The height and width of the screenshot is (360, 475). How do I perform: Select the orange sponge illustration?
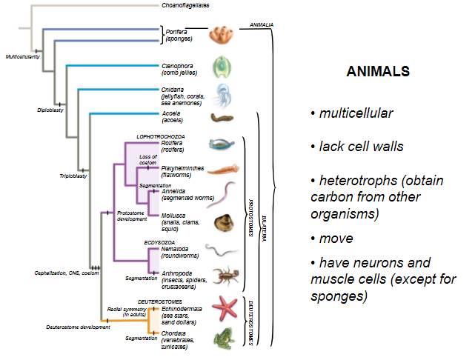221,34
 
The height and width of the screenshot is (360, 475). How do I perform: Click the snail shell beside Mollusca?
222,222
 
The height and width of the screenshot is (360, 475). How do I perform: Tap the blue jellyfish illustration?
222,94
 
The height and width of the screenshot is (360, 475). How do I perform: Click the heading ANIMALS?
378,73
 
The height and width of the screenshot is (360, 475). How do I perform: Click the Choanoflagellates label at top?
185,5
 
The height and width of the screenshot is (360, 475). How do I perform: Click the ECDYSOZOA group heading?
159,242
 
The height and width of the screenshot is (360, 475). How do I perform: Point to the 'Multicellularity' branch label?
23,56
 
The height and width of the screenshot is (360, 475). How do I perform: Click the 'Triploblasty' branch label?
73,156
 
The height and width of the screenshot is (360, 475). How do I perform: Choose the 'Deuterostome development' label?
56,325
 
